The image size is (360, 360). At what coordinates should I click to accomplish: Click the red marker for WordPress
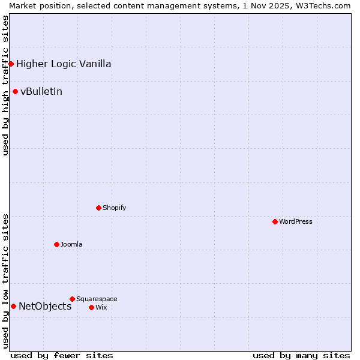[275, 221]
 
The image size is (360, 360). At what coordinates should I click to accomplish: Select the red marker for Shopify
[98, 208]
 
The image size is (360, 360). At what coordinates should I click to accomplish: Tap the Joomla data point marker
[56, 244]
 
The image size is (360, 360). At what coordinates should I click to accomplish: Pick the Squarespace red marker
[72, 299]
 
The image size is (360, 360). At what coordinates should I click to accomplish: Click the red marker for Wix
[91, 307]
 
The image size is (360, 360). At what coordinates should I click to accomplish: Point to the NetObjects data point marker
[13, 306]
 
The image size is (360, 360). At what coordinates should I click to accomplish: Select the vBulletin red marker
[15, 91]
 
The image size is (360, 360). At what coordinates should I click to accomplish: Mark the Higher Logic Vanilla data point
[11, 64]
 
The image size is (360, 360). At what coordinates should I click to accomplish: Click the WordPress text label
[296, 221]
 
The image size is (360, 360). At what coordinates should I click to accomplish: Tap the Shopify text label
[114, 208]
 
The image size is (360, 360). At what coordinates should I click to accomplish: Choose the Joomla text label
[71, 244]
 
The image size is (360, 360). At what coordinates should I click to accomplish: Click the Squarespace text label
[97, 299]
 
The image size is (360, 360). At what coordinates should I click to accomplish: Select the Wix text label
[101, 307]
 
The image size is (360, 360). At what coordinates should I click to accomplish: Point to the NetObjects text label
[45, 306]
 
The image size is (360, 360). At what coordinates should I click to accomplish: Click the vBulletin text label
[41, 91]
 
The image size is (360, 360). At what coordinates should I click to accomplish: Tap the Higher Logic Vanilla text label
[64, 64]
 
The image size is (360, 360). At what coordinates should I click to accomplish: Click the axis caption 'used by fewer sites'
[62, 355]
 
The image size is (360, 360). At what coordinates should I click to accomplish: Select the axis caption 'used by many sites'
[301, 355]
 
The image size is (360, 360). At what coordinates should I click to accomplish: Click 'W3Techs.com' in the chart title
[326, 5]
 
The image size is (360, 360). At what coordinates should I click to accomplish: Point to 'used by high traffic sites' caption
[5, 85]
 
